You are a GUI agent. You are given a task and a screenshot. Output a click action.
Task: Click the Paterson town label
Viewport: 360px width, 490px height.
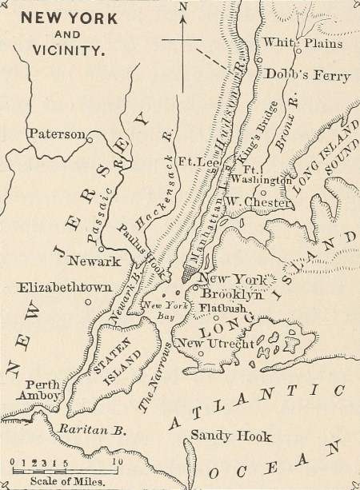pyautogui.click(x=56, y=133)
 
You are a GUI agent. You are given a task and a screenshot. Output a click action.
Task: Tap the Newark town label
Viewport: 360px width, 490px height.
pyautogui.click(x=94, y=261)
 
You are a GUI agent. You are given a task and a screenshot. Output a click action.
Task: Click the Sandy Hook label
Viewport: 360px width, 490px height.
pyautogui.click(x=230, y=436)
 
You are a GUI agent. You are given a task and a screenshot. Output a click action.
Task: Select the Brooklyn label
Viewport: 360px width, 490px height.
pyautogui.click(x=233, y=294)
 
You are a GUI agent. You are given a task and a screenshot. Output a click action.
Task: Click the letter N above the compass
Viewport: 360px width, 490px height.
pyautogui.click(x=183, y=7)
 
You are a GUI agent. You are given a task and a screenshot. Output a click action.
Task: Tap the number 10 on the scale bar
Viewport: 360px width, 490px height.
pyautogui.click(x=117, y=461)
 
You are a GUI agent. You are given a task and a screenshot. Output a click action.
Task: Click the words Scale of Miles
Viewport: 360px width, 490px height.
pyautogui.click(x=55, y=481)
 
